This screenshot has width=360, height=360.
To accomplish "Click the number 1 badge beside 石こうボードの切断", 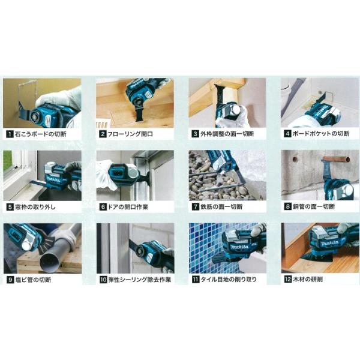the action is pos(10,134).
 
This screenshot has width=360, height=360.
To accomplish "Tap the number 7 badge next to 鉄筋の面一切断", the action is pos(196,206).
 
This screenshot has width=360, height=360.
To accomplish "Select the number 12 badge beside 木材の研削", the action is pos(287,280).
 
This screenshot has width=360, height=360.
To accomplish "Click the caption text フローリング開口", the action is pos(130,134).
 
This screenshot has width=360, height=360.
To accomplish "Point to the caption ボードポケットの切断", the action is pos(321,134).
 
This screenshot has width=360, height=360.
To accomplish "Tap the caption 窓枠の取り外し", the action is pos(35,207).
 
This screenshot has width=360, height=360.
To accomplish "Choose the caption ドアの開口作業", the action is pos(128,207).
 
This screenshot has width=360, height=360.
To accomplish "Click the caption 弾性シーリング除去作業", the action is pos(140,280).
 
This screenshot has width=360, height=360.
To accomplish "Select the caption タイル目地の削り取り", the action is pos(229,280).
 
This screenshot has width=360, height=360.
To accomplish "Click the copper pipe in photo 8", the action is pos(336,159).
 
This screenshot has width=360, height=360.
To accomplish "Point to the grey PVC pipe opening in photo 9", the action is pos(50,263).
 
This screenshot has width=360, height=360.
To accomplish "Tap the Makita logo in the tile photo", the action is pos(239,247).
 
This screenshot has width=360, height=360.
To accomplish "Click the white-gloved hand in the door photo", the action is pos(104,176).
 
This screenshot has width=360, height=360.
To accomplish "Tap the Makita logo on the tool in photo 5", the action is pos(53,179).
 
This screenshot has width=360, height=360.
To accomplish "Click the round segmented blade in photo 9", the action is pos(47,245).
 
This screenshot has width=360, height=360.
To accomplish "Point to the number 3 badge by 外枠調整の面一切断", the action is pos(196,134).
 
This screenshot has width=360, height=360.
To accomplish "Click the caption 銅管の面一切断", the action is pos(314,206).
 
